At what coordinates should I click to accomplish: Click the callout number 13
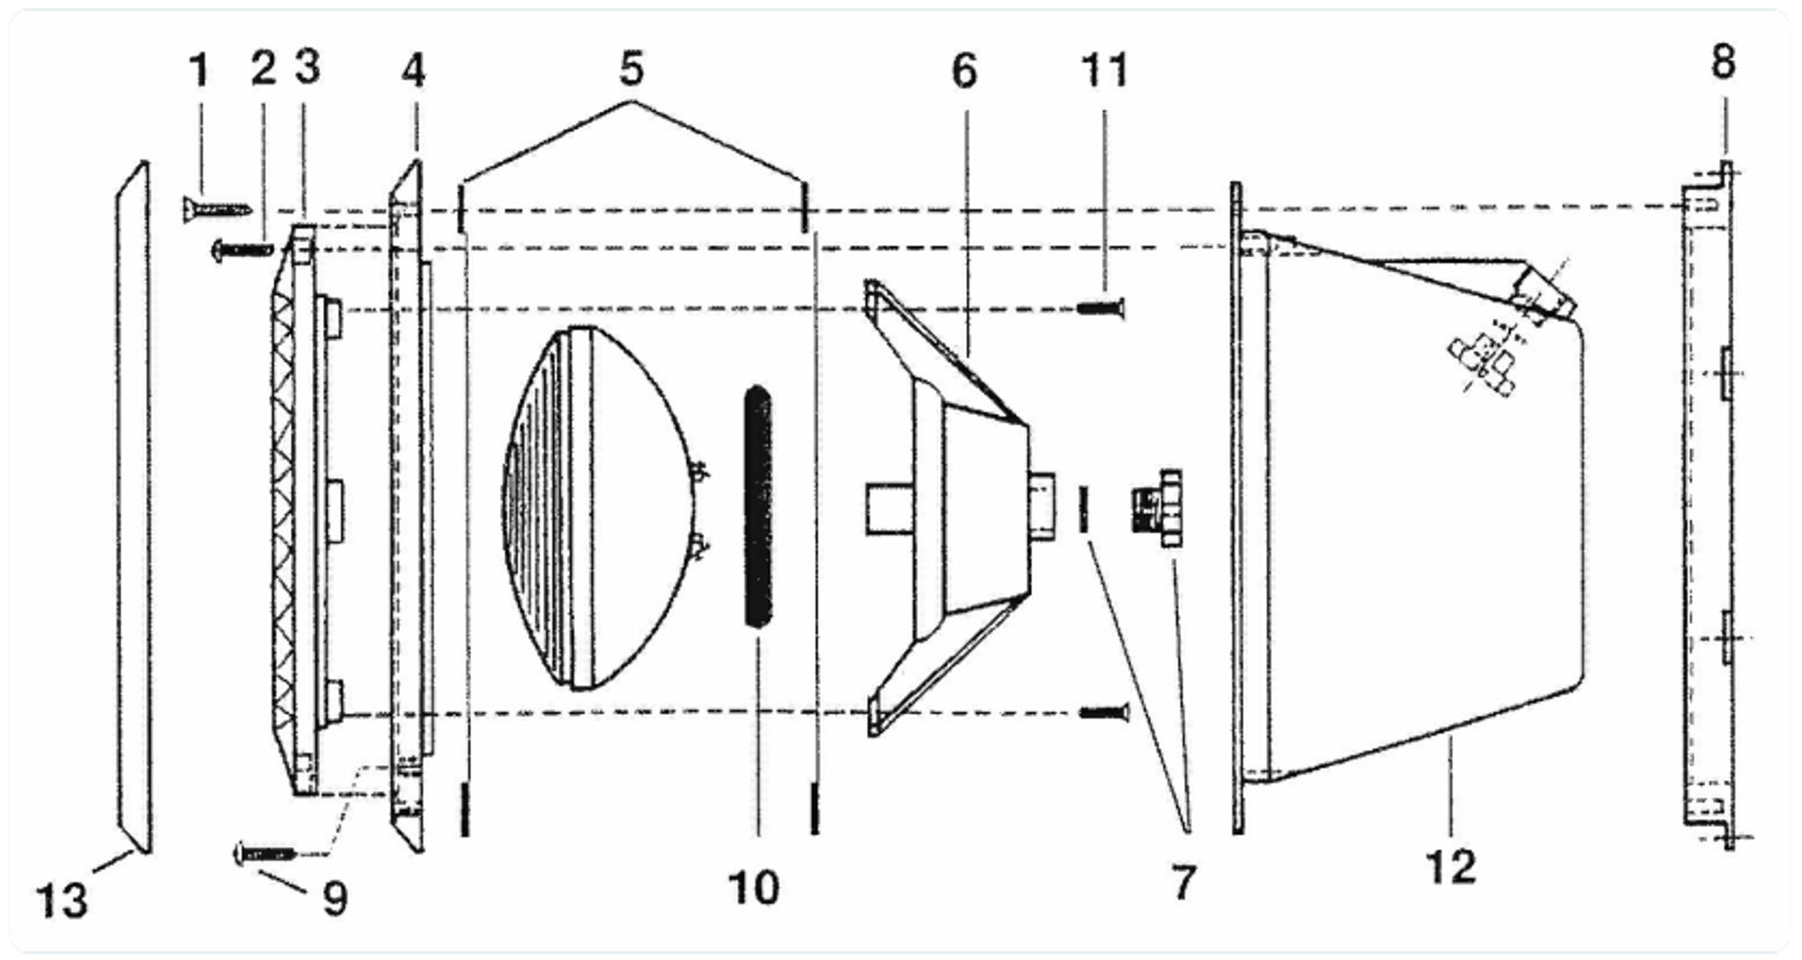[x=62, y=900]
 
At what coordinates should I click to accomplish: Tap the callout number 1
[x=199, y=70]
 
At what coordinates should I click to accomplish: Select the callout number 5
[x=632, y=67]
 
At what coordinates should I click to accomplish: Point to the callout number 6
[x=964, y=71]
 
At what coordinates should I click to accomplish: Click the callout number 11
[x=1104, y=70]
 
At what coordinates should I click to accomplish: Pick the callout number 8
[x=1723, y=62]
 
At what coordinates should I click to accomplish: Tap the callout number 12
[x=1451, y=867]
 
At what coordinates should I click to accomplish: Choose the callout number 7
[x=1184, y=882]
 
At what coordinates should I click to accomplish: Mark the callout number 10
[x=754, y=888]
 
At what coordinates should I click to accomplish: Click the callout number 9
[x=335, y=898]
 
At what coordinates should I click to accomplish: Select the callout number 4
[x=413, y=70]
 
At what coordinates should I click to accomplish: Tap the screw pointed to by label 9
[x=265, y=852]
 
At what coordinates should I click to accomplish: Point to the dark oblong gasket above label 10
[x=759, y=506]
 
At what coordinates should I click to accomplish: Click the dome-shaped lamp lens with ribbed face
[x=601, y=508]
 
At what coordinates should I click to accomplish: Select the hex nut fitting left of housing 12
[x=1158, y=508]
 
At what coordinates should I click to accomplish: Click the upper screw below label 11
[x=1101, y=308]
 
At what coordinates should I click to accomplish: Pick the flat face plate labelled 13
[x=134, y=506]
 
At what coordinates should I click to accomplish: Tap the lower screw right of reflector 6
[x=1103, y=713]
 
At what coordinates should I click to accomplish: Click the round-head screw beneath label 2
[x=241, y=249]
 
